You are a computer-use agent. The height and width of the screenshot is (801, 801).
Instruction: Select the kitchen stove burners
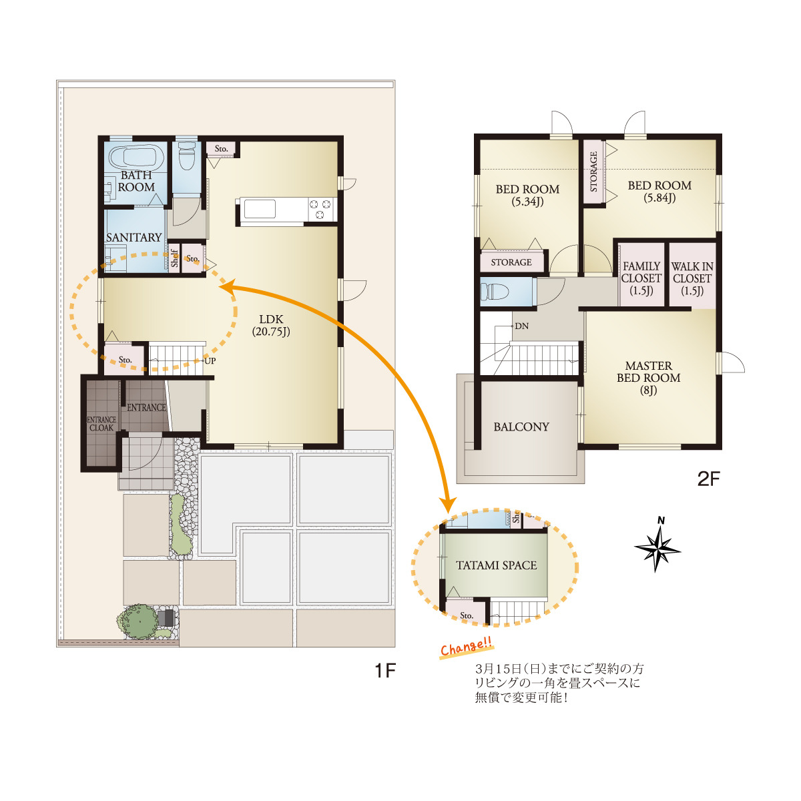point(320,209)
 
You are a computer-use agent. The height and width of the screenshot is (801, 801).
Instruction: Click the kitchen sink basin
point(260,209)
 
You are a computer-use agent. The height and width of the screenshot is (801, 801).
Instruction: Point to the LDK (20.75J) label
point(271,326)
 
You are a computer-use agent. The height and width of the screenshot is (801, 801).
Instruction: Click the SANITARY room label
point(134,238)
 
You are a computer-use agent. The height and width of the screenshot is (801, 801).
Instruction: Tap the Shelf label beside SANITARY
point(175,258)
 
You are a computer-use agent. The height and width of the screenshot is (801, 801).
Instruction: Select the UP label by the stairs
point(210,361)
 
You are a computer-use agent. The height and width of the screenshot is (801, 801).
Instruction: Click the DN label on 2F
point(522,326)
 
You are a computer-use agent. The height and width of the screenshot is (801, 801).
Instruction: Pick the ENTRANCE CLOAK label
point(101,424)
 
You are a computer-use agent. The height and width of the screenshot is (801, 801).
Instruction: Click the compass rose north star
point(657,547)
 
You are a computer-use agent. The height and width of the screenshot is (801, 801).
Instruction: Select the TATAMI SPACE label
point(497,565)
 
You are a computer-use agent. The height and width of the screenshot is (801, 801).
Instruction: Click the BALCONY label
point(521,427)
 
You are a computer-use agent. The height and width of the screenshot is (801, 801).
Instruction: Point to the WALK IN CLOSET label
point(692,278)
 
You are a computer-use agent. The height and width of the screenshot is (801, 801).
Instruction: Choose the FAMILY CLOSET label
point(641,278)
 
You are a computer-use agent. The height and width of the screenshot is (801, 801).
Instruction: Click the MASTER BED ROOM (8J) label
point(648,378)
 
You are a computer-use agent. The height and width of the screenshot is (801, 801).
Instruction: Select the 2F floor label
point(708,479)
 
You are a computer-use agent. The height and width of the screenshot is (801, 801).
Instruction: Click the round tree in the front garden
point(138,621)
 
